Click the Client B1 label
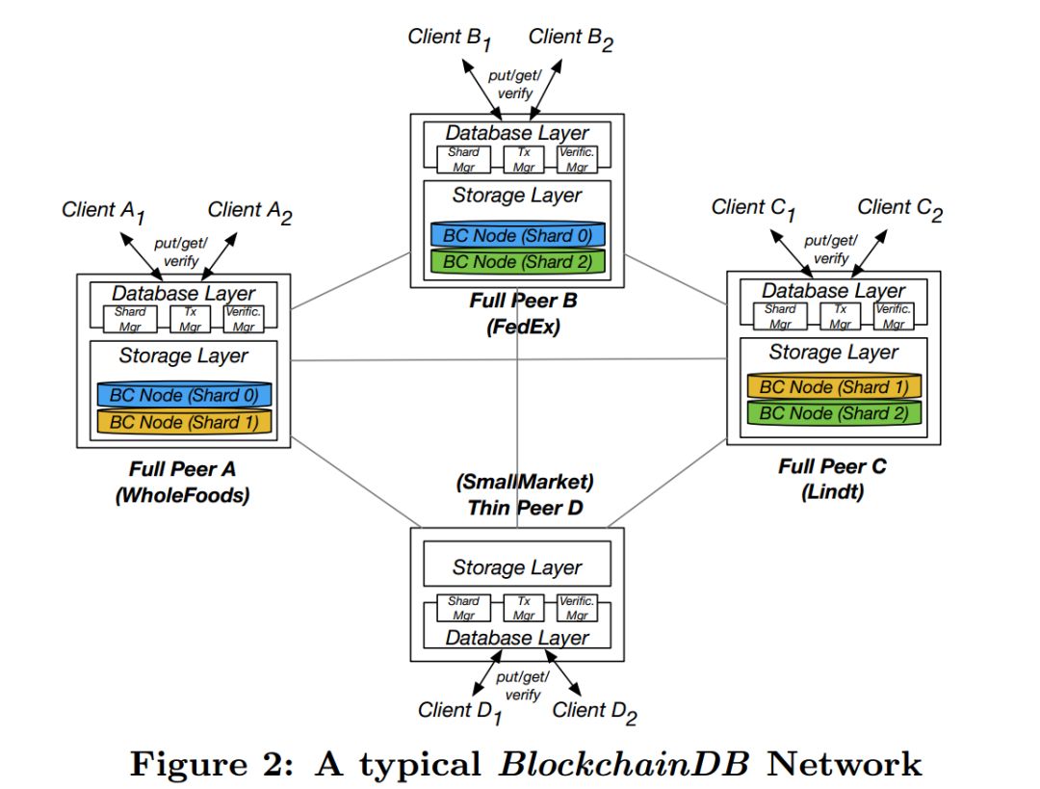click(450, 39)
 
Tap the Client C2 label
click(898, 209)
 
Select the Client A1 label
click(104, 211)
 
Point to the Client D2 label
click(593, 712)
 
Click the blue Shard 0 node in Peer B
click(518, 235)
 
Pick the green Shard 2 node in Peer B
click(518, 260)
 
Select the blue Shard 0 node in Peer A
click(184, 395)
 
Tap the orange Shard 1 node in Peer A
click(184, 421)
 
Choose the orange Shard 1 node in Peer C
click(834, 387)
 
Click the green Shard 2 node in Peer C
click(834, 413)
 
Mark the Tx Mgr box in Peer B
click(524, 159)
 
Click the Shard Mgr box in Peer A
click(130, 318)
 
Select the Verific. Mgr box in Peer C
click(894, 316)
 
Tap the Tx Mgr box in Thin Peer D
click(524, 608)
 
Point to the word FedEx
click(523, 327)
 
